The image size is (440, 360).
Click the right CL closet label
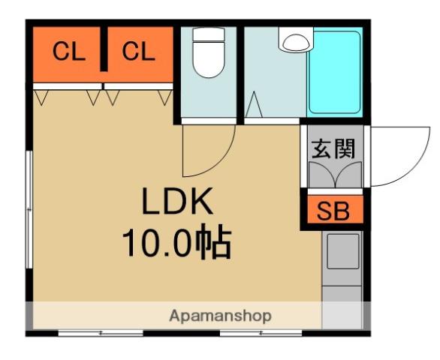click(x=138, y=52)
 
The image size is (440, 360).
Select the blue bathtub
click(x=335, y=72)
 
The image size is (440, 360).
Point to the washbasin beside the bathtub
click(x=295, y=40)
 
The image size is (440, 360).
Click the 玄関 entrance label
click(x=332, y=148)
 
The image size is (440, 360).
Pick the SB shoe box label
click(x=332, y=211)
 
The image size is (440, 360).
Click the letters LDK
click(x=178, y=202)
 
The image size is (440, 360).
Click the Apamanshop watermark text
click(x=220, y=316)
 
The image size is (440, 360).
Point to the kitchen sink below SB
click(x=342, y=251)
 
